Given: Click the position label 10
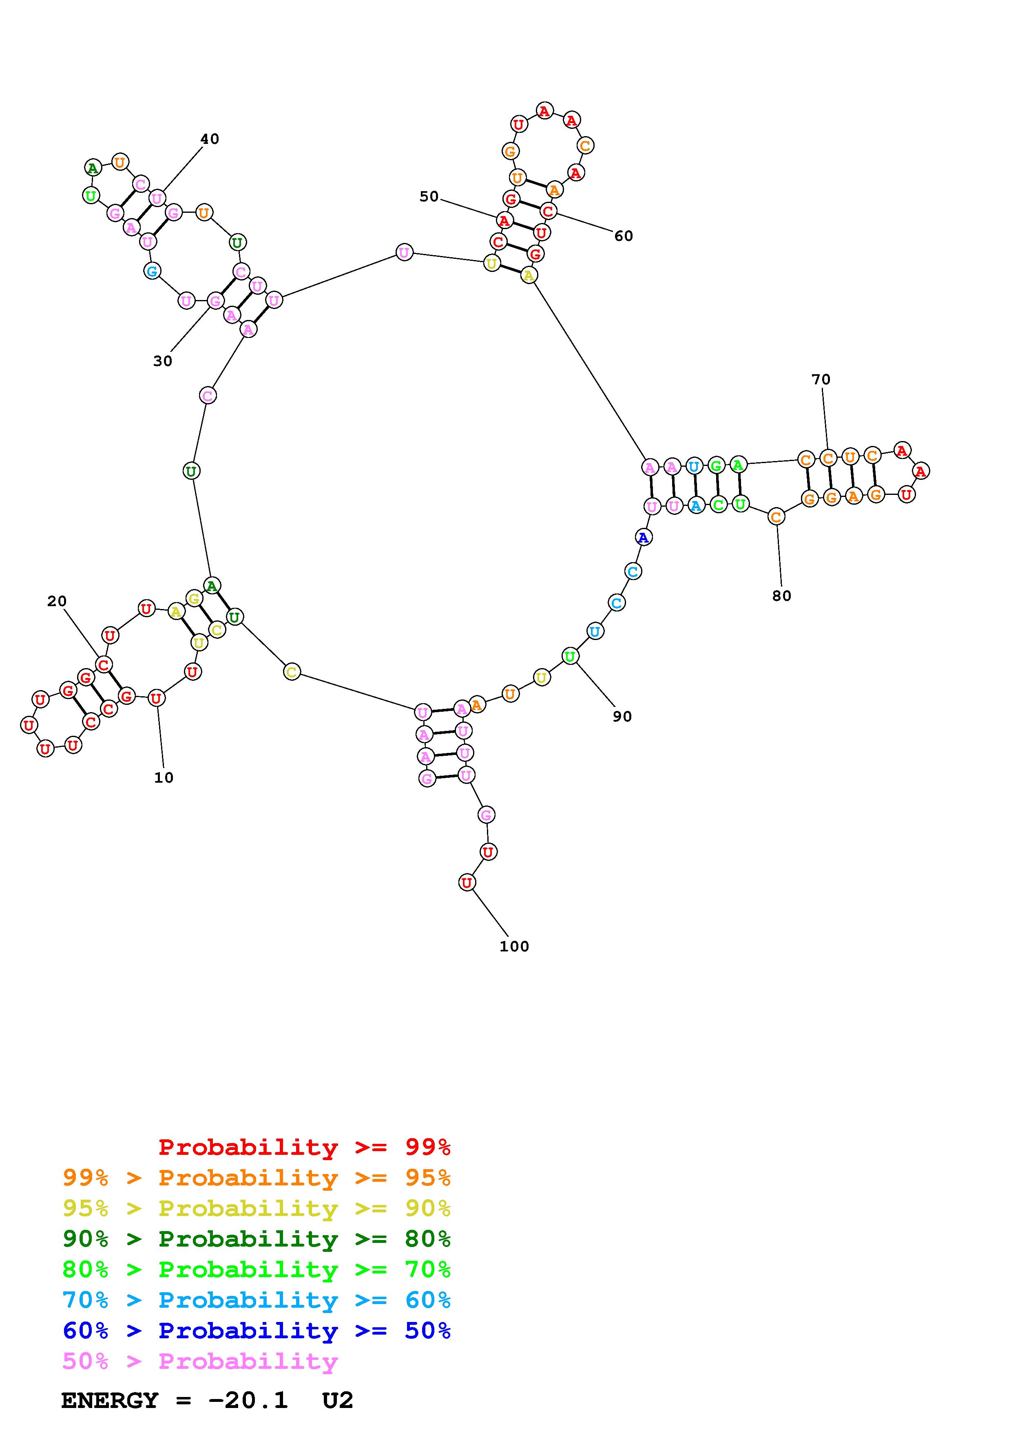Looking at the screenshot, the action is (x=164, y=777).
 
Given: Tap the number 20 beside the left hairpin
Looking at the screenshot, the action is (x=57, y=601).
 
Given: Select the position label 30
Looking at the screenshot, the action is (x=163, y=361).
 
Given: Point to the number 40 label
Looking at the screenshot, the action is (x=210, y=139).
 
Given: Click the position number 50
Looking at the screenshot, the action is (x=429, y=197).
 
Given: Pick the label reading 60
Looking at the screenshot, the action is (x=624, y=236).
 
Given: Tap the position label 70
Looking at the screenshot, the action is (x=821, y=379).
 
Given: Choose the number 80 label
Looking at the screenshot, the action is (x=782, y=596).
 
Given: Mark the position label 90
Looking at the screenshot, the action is (x=622, y=717).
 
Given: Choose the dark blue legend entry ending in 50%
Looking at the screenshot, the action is (x=257, y=1331).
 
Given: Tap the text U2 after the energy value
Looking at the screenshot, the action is (x=338, y=1400).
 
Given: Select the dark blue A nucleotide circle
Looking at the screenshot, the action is (x=644, y=537).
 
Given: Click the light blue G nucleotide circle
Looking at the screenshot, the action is (x=152, y=271).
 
